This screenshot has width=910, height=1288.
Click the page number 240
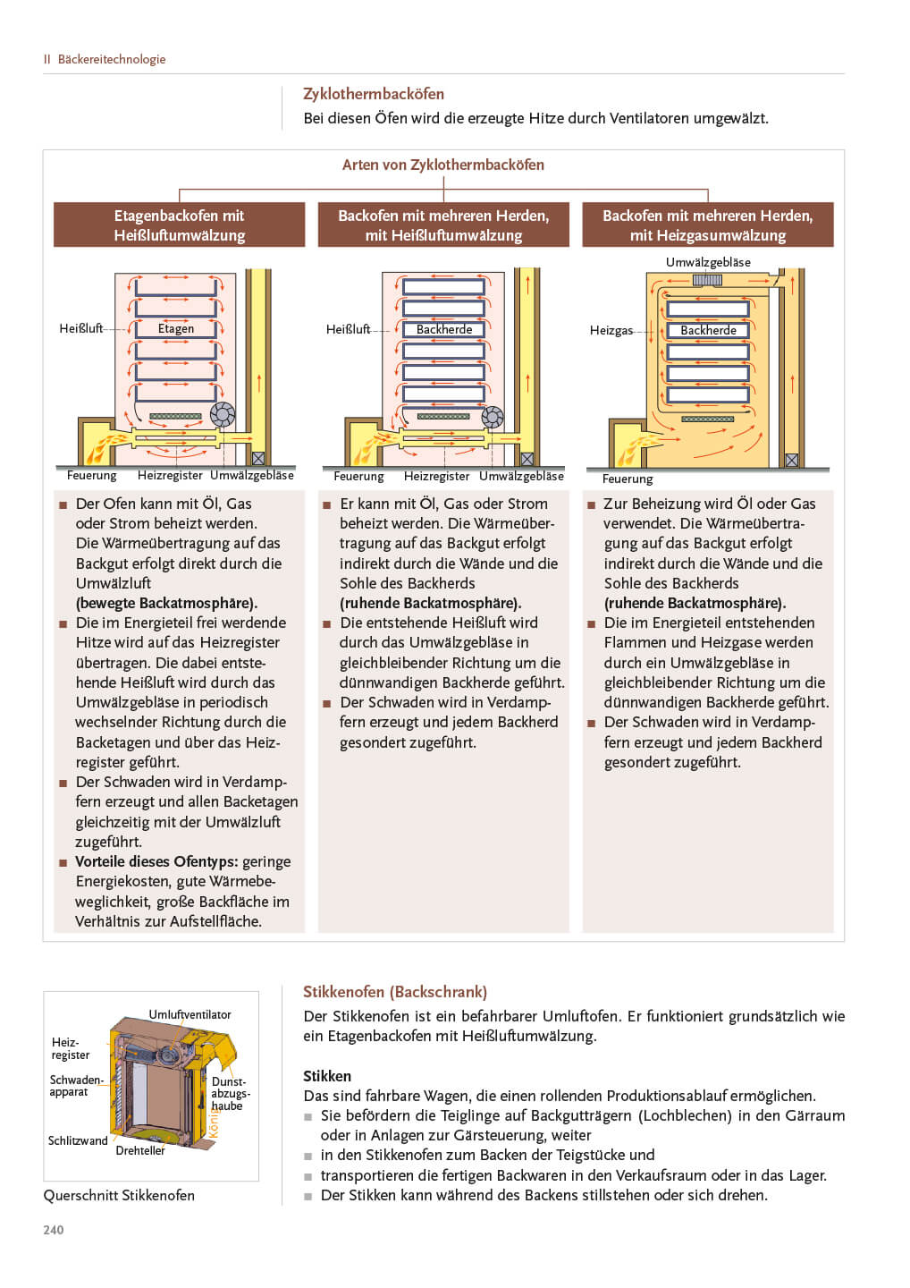(54, 1230)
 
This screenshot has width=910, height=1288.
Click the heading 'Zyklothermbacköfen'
(374, 94)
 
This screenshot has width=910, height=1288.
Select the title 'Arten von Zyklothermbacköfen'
(443, 165)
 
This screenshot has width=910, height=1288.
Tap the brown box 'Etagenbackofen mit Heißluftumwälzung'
(179, 225)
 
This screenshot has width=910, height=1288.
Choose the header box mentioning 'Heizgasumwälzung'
(707, 225)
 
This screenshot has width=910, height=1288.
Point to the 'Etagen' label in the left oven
(176, 328)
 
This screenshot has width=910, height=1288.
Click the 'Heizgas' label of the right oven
(611, 330)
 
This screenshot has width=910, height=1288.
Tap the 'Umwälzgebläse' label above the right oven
(708, 262)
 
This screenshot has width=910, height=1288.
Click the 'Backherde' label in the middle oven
(444, 329)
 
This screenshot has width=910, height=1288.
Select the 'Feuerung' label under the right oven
(628, 479)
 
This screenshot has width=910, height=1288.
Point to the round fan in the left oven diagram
(223, 414)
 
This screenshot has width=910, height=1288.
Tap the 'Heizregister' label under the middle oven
(436, 476)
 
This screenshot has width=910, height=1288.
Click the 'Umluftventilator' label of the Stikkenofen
(190, 1014)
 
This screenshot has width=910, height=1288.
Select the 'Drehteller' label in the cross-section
(140, 1150)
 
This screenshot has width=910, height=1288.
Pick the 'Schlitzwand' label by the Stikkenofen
(78, 1140)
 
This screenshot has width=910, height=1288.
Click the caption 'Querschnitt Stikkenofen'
(119, 1195)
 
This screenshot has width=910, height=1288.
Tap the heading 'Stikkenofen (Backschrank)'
(395, 992)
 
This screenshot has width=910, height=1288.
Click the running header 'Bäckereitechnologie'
(112, 59)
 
